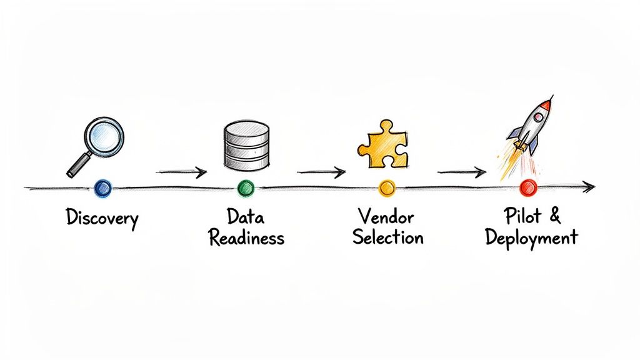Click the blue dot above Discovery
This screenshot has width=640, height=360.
[x=102, y=187]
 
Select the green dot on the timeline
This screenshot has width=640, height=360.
[x=246, y=187]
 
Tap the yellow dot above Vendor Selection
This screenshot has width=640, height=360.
[x=387, y=187]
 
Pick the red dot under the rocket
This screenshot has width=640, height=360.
[x=528, y=187]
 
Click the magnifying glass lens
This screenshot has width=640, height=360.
[x=103, y=136]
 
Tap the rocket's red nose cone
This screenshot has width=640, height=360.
[x=547, y=103]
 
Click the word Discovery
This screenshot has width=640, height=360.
[x=102, y=219]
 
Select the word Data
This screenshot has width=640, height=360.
[x=246, y=217]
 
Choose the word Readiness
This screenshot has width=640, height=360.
[x=246, y=238]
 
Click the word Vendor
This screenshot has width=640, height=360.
[x=387, y=217]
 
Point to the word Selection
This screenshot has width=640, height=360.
[x=387, y=238]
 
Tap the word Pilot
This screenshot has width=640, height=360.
[x=521, y=217]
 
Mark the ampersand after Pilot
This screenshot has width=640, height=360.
[x=554, y=217]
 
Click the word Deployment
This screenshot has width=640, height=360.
[x=531, y=239]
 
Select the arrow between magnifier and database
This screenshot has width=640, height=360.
[x=181, y=172]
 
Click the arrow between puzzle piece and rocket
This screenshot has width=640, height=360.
[x=461, y=171]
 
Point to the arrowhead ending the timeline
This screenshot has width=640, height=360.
[x=588, y=186]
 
